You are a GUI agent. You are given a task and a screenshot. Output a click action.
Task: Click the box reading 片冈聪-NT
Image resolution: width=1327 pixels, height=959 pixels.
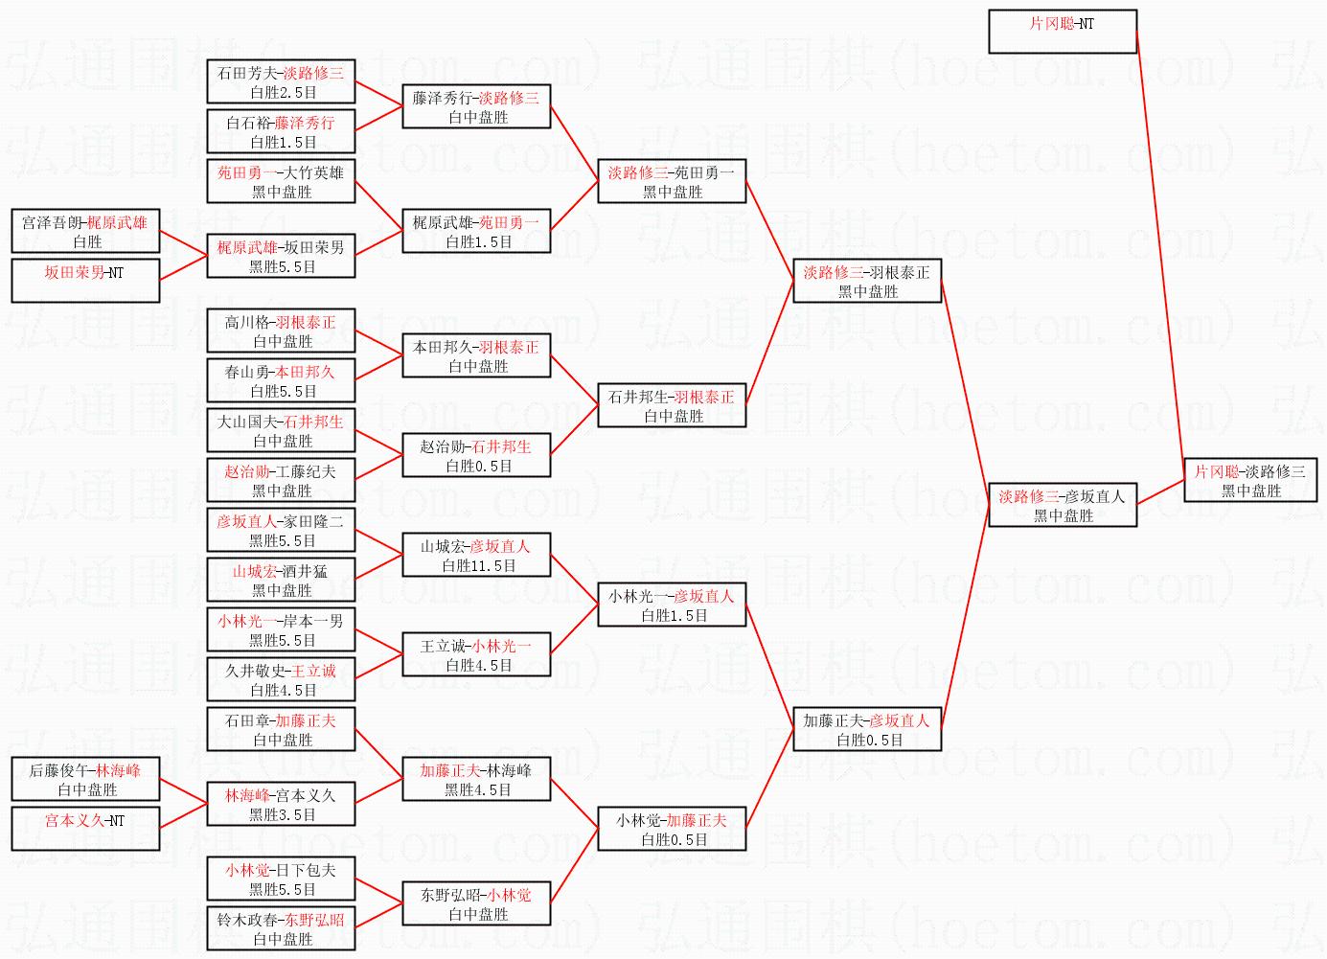(x=1062, y=31)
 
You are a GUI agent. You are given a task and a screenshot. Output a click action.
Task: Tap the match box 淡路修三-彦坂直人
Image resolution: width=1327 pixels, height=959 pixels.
(x=1063, y=505)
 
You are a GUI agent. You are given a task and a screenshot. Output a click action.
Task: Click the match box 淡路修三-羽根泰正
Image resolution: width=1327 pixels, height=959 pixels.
(x=867, y=281)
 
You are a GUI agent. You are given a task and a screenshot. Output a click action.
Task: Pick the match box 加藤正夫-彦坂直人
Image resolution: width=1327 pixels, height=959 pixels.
(x=867, y=729)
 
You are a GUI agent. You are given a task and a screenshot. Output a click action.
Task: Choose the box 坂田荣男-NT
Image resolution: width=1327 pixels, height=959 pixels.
(x=85, y=281)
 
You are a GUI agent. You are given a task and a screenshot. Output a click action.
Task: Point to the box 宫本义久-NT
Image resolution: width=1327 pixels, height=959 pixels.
(x=85, y=829)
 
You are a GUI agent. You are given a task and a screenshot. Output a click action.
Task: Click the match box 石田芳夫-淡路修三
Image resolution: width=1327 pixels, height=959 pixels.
(x=281, y=81)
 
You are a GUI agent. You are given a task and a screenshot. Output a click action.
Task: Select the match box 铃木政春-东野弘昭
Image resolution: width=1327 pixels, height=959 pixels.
(x=281, y=928)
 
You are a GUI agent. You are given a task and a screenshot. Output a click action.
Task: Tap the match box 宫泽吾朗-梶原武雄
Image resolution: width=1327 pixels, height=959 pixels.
(x=85, y=231)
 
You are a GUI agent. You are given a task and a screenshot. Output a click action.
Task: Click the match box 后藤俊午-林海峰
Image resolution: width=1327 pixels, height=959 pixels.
(x=85, y=779)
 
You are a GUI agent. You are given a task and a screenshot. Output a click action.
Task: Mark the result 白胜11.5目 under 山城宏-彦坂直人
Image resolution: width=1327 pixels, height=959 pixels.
(x=476, y=566)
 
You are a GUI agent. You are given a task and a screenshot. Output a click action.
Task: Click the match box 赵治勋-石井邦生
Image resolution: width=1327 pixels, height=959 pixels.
(x=476, y=455)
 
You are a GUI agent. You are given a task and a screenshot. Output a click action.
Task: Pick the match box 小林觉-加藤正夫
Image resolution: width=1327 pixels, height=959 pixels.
(x=672, y=829)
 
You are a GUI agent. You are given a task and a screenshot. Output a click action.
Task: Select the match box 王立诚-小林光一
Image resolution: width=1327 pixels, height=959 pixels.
(x=476, y=654)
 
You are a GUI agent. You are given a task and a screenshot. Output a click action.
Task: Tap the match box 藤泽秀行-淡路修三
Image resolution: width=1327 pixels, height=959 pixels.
(x=476, y=106)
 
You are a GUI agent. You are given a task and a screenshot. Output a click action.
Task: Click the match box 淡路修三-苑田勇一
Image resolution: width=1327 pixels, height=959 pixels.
(x=672, y=181)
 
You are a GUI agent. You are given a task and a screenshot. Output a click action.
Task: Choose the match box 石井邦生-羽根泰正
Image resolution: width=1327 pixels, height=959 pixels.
(x=672, y=405)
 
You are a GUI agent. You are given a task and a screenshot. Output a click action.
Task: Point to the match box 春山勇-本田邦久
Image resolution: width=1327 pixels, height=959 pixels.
(x=281, y=380)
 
